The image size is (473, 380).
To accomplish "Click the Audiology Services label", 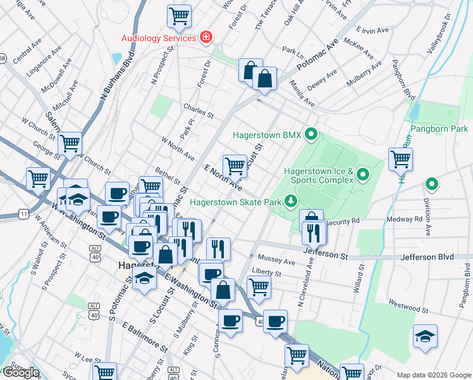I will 159,38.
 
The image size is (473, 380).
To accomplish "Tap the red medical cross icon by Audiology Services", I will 206,38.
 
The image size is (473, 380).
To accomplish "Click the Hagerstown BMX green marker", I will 310,134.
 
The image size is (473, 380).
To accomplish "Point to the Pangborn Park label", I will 439,129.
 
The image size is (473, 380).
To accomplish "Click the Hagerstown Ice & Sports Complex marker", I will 363,174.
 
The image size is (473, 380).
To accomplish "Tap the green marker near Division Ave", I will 432,185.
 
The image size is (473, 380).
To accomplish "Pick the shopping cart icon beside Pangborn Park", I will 400,159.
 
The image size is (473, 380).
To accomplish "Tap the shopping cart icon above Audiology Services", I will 180,16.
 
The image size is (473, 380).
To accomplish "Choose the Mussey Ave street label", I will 277,261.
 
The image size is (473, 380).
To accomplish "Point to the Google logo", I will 20,373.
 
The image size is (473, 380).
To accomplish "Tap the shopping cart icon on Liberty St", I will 259,286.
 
